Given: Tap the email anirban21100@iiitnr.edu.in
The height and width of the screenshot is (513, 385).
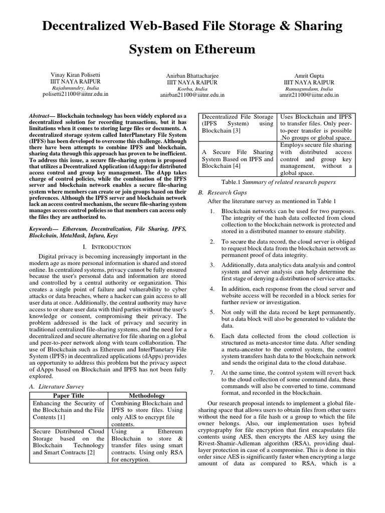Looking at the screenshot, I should [192, 94].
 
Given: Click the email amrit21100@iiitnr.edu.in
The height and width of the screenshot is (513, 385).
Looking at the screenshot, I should [309, 94].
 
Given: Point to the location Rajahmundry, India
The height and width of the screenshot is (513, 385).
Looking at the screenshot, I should [75, 87].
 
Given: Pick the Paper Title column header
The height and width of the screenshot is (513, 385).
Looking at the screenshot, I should [68, 396].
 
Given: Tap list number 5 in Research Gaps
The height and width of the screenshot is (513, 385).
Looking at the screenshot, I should [212, 312].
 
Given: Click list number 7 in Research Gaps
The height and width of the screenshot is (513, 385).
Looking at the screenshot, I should [212, 372].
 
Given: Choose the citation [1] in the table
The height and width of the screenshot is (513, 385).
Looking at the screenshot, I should [61, 417].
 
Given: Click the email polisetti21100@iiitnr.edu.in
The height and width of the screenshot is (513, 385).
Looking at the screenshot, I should [75, 93].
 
